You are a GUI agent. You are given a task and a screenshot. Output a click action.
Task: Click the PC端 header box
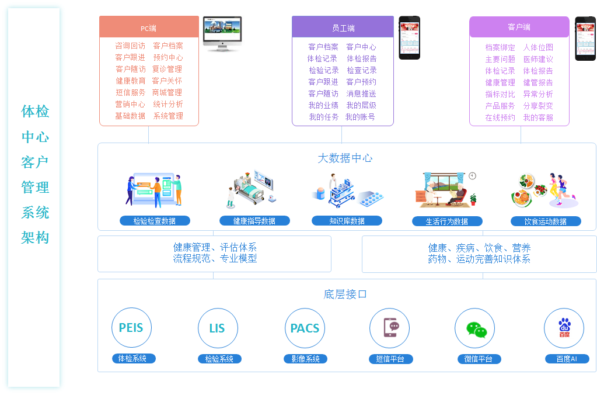tap(149, 27)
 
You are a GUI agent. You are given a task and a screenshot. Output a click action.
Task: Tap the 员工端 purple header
tap(343, 27)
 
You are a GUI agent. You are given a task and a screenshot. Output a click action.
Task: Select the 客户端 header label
tap(519, 27)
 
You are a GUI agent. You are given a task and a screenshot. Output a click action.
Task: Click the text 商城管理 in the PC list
tap(167, 92)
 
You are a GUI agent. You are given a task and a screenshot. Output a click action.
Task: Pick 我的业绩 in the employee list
tap(323, 105)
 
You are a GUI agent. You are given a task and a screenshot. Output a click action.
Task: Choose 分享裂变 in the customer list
tap(537, 106)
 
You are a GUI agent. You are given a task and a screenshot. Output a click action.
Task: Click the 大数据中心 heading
tap(345, 158)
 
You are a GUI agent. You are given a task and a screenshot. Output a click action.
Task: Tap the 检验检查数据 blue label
tap(155, 221)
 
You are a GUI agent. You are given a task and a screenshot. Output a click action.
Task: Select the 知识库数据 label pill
tap(347, 221)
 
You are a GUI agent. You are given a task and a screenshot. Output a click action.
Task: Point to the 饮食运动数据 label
tap(546, 221)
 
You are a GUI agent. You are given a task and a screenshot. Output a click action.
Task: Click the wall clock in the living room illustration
tap(472, 175)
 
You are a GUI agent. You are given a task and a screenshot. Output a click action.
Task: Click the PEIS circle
tap(131, 328)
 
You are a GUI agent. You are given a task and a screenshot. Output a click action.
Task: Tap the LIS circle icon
tap(217, 328)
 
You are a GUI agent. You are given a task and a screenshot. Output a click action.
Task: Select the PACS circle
tap(305, 328)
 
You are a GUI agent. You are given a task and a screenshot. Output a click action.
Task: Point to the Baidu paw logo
tap(564, 327)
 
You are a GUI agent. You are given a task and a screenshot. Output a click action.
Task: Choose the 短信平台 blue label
tap(390, 359)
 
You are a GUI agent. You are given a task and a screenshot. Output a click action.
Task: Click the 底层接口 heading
tap(345, 294)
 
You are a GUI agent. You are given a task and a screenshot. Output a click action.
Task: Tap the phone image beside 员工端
tap(409, 37)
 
